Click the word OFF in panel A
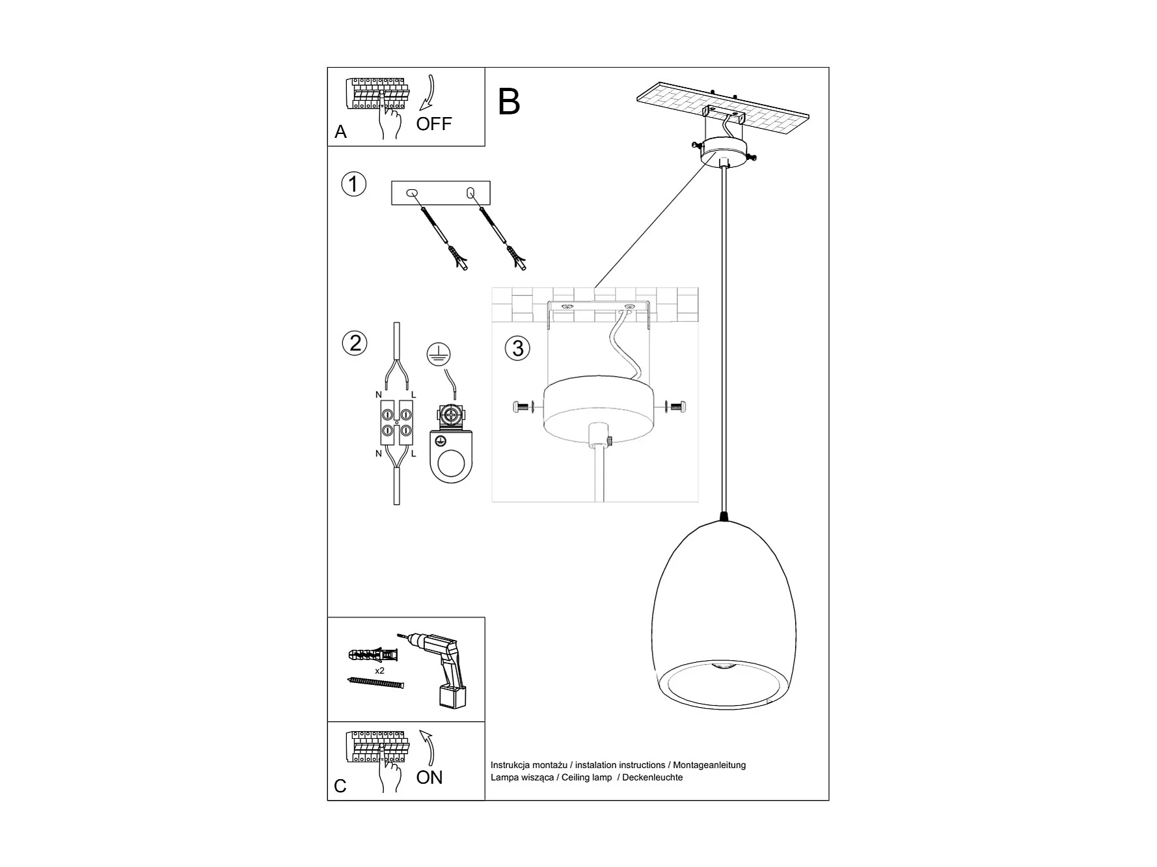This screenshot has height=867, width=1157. click(433, 124)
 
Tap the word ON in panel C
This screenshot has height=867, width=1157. click(429, 777)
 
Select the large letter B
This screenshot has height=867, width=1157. click(509, 102)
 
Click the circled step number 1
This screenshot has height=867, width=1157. click(354, 184)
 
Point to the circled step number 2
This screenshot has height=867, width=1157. click(355, 343)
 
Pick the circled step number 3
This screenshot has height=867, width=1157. click(517, 349)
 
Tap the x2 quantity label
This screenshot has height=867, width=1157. click(379, 671)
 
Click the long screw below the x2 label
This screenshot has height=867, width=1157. click(376, 683)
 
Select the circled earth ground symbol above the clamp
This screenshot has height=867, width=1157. click(439, 354)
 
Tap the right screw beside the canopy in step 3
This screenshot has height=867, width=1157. click(676, 408)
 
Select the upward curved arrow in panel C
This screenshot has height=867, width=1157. click(428, 747)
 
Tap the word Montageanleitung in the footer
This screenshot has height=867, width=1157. click(709, 765)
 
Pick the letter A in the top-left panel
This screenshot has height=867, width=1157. click(340, 132)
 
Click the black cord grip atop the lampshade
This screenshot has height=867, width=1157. click(724, 517)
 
